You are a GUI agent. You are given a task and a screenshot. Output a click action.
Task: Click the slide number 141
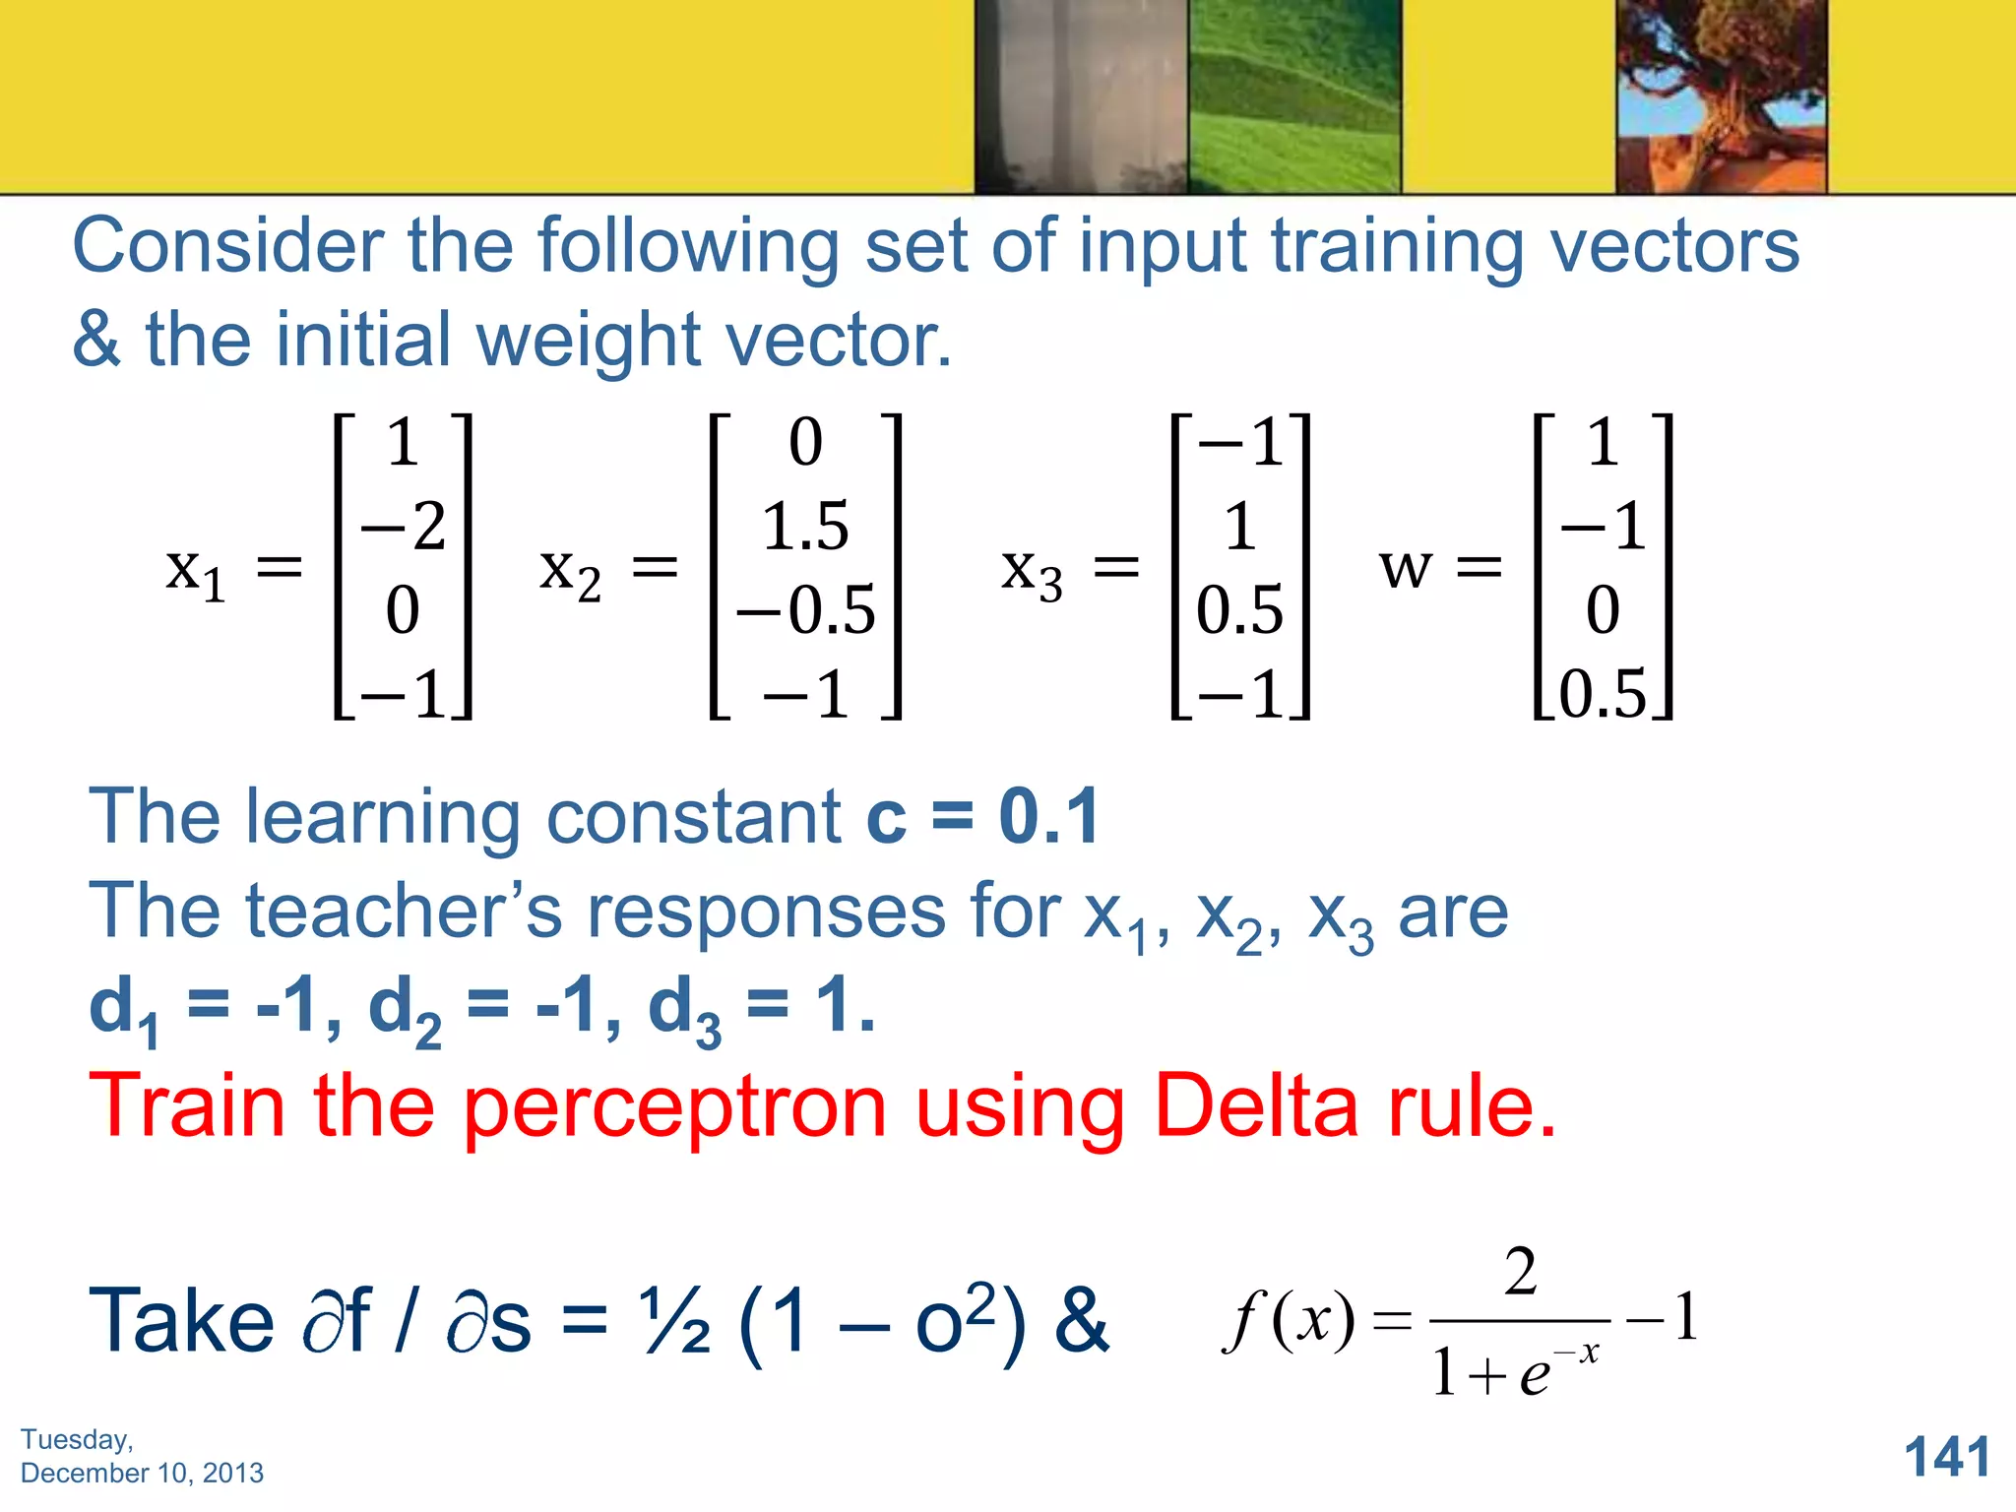pyautogui.click(x=1947, y=1457)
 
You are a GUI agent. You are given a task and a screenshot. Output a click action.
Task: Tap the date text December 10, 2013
pyautogui.click(x=142, y=1473)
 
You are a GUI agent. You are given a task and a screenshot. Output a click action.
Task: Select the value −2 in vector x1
pyautogui.click(x=404, y=526)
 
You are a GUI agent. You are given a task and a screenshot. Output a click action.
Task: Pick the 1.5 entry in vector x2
pyautogui.click(x=805, y=526)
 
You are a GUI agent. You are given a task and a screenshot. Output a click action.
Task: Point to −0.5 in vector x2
pyautogui.click(x=805, y=609)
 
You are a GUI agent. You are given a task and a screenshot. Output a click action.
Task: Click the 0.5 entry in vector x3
pyautogui.click(x=1239, y=609)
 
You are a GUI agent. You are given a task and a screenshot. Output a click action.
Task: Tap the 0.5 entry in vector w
pyautogui.click(x=1603, y=693)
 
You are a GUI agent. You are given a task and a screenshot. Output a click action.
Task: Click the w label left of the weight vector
pyautogui.click(x=1405, y=568)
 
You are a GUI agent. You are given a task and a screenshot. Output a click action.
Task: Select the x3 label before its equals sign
pyautogui.click(x=1032, y=572)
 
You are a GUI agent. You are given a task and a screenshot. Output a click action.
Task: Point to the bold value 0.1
pyautogui.click(x=1049, y=817)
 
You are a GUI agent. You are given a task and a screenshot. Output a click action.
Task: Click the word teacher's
pyautogui.click(x=404, y=912)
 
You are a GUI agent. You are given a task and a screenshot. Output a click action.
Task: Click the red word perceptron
pyautogui.click(x=674, y=1108)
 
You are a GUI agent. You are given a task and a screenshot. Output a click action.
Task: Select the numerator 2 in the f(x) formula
pyautogui.click(x=1520, y=1272)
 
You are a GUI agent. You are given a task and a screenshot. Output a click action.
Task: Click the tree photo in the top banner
pyautogui.click(x=1721, y=96)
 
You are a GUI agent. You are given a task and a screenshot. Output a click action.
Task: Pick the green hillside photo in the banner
pyautogui.click(x=1293, y=96)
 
